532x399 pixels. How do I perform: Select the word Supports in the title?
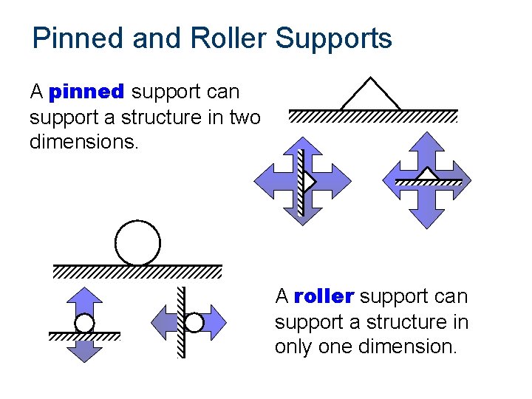point(334,38)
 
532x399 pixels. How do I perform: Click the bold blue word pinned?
point(86,92)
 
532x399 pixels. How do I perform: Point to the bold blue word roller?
point(324,297)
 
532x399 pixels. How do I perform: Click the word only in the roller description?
point(298,347)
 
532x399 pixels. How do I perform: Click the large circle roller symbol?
point(137,242)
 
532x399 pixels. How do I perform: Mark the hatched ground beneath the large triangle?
point(372,117)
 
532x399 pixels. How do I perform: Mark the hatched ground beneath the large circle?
point(137,272)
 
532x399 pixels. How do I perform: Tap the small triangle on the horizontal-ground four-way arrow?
point(427,174)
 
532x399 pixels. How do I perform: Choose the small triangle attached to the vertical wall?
point(310,181)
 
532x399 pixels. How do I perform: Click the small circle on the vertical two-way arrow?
point(85,324)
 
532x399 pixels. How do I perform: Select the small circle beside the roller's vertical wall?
point(194,323)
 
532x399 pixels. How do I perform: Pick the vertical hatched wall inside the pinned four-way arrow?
point(301,182)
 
